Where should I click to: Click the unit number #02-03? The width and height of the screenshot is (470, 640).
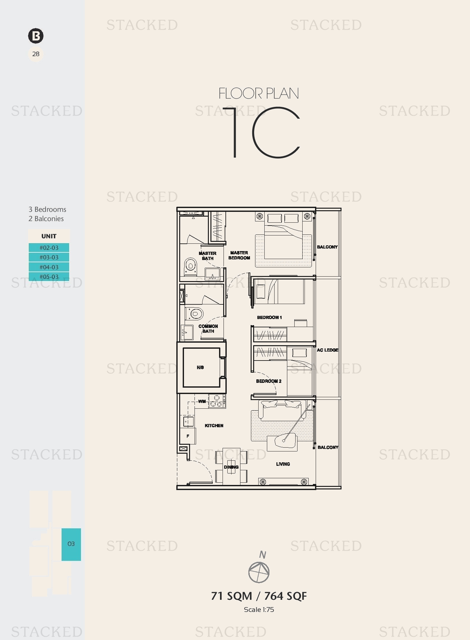pos(49,248)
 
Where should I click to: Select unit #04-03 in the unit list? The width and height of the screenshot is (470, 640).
pos(49,267)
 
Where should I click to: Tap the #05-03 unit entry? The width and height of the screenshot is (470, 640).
pos(49,277)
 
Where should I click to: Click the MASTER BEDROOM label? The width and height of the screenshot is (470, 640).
pos(239,255)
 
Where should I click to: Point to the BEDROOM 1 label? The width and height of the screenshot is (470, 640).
pos(269,317)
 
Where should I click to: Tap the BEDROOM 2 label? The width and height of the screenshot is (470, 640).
pos(269,381)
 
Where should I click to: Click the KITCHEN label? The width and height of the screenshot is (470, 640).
pos(214,426)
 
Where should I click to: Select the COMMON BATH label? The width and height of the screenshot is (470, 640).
pos(208,329)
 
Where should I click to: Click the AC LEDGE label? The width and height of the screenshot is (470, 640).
pos(328,350)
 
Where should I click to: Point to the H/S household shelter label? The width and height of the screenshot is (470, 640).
pos(200,368)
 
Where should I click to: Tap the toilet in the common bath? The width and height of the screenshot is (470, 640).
pos(194,314)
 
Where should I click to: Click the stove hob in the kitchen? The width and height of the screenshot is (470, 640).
pos(217,401)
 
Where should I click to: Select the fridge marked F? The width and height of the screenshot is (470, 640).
pos(188,436)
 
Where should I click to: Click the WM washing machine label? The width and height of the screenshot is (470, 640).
pos(202,401)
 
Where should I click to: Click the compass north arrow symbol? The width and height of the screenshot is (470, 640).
pos(259,572)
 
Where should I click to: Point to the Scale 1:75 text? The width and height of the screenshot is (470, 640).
pos(259,609)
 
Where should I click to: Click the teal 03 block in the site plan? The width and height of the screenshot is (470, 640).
pos(71,544)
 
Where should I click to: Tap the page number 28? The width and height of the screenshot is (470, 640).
pos(36,54)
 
